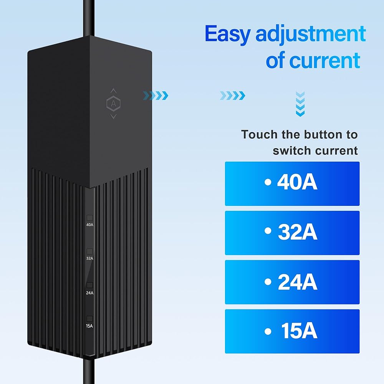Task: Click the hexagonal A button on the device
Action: (113, 104)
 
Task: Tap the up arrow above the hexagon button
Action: (113, 90)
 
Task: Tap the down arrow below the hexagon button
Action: (113, 117)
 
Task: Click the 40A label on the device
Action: (90, 225)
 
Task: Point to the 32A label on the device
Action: (90, 258)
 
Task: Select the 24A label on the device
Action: (90, 293)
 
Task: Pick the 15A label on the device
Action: (89, 326)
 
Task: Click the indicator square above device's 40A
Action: (90, 218)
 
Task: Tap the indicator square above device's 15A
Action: (89, 319)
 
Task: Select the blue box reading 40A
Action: (292, 184)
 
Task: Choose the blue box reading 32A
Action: (292, 233)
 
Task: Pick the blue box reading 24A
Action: (292, 282)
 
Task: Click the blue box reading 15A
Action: (292, 331)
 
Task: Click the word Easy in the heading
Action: (228, 34)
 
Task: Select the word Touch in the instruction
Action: (259, 134)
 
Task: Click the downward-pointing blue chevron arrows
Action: (300, 104)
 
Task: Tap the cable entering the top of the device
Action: (89, 18)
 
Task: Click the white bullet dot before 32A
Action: (268, 231)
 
